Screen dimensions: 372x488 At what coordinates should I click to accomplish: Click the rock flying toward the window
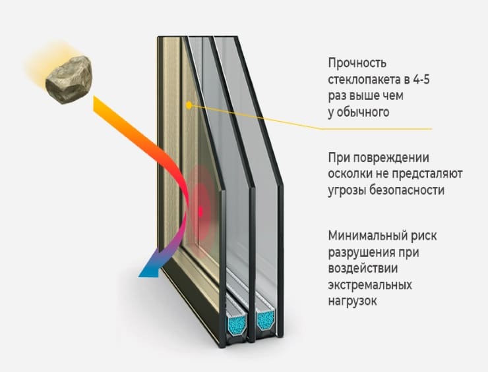[x=68, y=80]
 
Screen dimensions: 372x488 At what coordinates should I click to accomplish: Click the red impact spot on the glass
[x=201, y=211]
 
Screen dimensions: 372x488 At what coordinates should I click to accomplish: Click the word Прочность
[x=357, y=63]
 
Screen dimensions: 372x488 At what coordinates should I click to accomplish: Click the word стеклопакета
[x=360, y=80]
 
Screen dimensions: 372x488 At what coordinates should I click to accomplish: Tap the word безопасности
[x=409, y=190]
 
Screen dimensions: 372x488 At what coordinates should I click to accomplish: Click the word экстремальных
[x=370, y=285]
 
